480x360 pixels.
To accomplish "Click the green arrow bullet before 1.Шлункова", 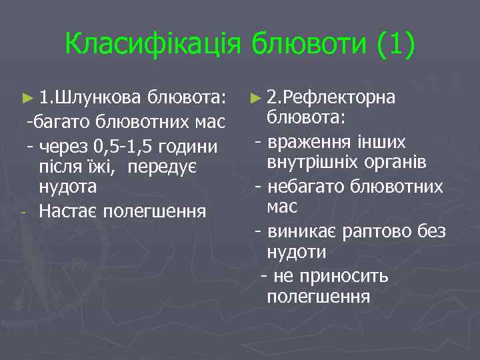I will pos(27,99).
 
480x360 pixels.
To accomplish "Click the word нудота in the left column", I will pos(67,187).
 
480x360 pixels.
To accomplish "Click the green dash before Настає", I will pos(23,213).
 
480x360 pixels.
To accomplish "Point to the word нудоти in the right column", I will pos(296,252).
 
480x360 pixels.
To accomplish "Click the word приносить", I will pos(346,276).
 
